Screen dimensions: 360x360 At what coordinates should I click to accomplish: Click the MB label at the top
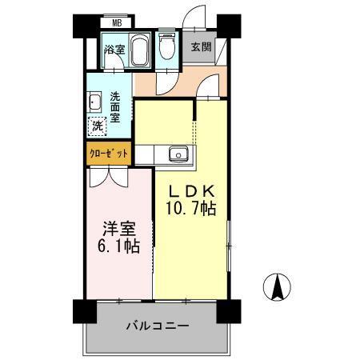point(116,24)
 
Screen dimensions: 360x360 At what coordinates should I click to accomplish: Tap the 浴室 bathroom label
point(114,50)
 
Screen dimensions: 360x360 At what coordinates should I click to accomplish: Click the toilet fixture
point(166,49)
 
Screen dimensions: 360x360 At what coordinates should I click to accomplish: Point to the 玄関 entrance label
point(201,46)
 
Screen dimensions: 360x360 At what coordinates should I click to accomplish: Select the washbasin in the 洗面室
point(94,102)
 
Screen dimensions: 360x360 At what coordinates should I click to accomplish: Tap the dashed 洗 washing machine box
point(97,126)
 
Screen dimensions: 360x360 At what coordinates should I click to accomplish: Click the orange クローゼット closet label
point(107,153)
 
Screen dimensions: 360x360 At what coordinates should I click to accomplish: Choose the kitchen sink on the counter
point(176,154)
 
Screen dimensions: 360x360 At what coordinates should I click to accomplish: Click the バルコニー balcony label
point(157,326)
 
